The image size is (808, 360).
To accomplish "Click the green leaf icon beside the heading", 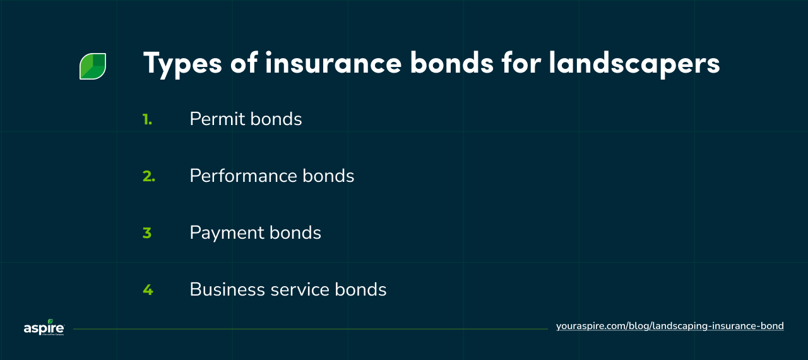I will (x=93, y=66).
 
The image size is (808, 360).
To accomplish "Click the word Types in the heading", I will (x=182, y=64).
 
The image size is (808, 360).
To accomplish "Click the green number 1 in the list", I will (x=147, y=119).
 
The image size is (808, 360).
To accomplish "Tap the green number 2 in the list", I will (x=148, y=176).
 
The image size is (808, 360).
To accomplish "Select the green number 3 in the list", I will (x=147, y=232).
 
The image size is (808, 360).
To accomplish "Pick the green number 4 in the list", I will (x=148, y=289).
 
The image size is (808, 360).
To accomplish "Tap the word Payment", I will (x=224, y=233).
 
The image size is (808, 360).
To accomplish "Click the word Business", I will (x=224, y=289).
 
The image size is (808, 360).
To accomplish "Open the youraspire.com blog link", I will (x=670, y=326).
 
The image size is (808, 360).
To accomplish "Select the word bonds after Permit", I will (x=276, y=119).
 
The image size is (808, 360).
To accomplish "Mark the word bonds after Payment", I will (x=295, y=232).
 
